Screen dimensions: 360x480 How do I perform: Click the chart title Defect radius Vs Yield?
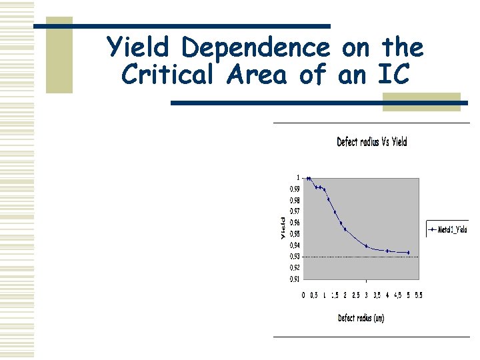tap(371, 141)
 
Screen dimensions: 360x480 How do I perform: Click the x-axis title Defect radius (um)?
tap(361, 318)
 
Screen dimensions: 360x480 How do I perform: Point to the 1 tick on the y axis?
tap(297, 178)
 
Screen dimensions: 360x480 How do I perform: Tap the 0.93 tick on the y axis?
tap(294, 257)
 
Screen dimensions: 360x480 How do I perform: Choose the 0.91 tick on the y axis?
tap(294, 279)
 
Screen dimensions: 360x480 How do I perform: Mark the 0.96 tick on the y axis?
tap(294, 223)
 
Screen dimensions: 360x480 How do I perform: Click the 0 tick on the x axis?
tap(303, 295)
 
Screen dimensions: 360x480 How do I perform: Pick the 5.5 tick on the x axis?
tap(419, 295)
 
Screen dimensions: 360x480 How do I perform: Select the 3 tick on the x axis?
tap(366, 295)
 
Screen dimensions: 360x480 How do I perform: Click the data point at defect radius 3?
tap(366, 246)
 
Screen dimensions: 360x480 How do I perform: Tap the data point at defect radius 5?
tap(408, 253)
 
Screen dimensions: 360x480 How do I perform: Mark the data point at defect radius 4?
tap(387, 251)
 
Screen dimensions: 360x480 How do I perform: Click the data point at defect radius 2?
tap(345, 229)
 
